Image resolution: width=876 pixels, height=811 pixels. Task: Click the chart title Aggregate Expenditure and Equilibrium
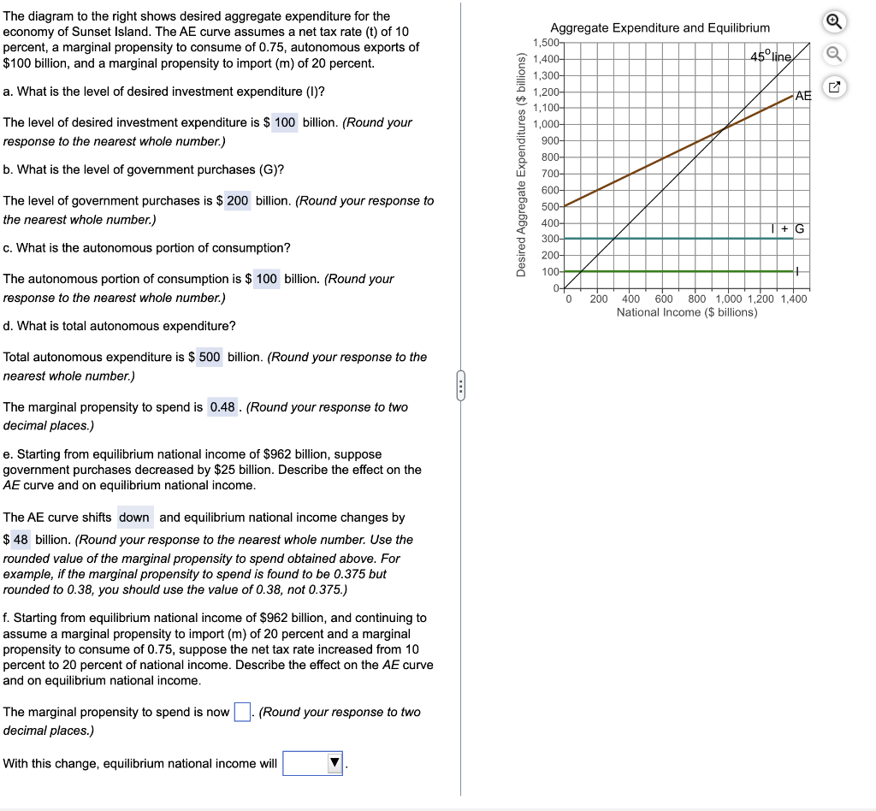tap(660, 28)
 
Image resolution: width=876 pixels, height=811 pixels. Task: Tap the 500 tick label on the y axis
tap(549, 206)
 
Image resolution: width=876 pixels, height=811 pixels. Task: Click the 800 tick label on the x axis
tap(697, 299)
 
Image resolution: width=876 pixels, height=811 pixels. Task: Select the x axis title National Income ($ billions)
tap(686, 312)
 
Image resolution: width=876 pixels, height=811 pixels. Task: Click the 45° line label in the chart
tap(772, 56)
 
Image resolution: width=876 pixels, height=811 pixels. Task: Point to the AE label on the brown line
tap(802, 95)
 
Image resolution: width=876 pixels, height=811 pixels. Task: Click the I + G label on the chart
tap(788, 228)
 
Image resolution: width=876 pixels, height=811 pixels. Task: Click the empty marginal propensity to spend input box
tap(242, 712)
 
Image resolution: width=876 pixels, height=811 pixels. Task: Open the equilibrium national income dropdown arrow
tap(335, 763)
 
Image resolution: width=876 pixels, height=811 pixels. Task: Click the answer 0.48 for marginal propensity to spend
tap(222, 407)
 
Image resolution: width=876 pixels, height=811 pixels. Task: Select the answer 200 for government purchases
tap(238, 200)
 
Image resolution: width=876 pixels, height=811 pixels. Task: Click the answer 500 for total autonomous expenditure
tap(210, 357)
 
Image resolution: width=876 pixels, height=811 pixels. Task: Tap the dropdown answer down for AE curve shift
tap(134, 517)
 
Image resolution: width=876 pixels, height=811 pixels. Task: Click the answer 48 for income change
tap(21, 540)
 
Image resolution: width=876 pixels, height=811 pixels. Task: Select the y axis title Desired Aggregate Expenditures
tap(521, 163)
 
